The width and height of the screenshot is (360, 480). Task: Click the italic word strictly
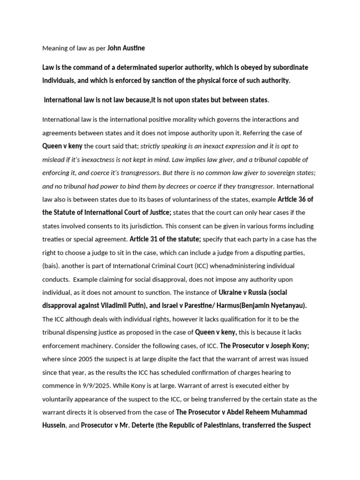[x=152, y=146]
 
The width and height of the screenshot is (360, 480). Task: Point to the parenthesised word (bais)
[x=52, y=266]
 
